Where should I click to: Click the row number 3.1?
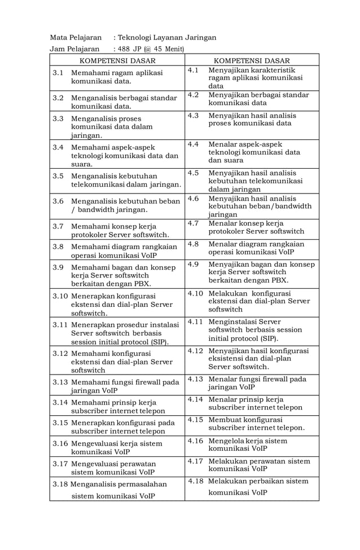click(58, 73)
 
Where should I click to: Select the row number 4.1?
click(193, 70)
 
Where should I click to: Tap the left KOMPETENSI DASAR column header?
click(117, 60)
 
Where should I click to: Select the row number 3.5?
click(58, 176)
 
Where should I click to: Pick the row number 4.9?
click(193, 263)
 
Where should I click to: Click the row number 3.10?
click(60, 296)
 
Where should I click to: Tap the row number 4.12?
click(195, 350)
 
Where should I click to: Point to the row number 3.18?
click(60, 484)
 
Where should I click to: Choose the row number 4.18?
click(195, 481)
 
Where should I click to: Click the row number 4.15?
click(195, 419)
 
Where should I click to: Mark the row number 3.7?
click(58, 226)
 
